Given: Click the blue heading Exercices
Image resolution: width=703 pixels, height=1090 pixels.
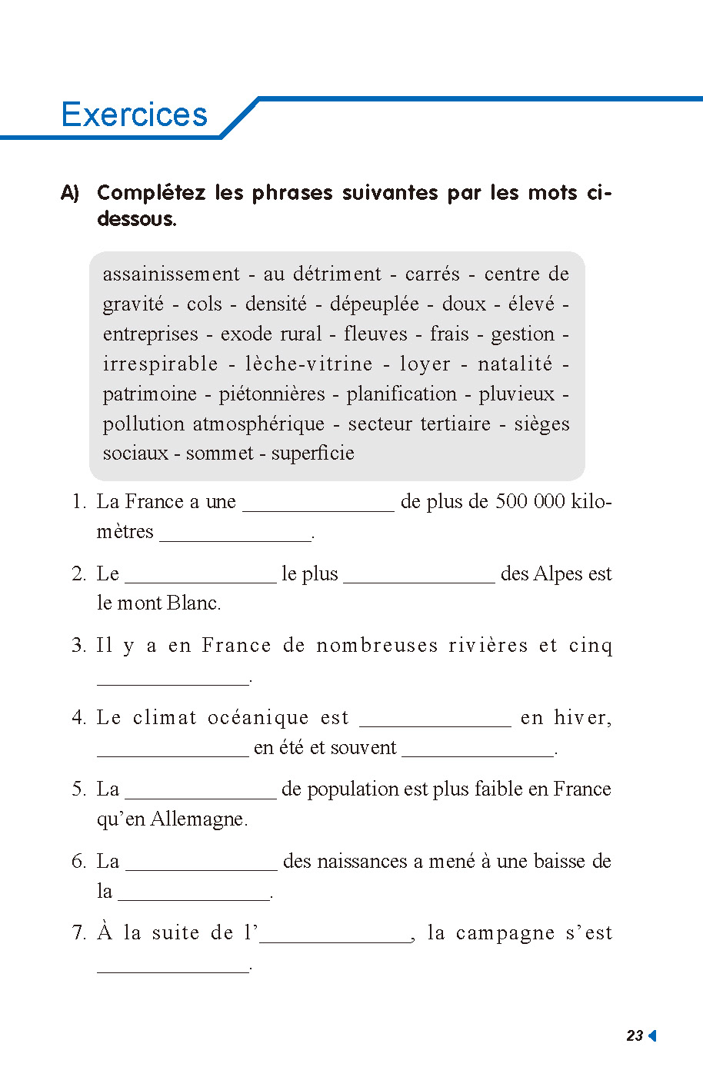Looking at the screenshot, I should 134,115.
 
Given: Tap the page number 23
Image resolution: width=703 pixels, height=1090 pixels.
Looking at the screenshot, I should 635,1035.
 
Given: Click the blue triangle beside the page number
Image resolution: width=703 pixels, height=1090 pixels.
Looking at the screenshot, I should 652,1035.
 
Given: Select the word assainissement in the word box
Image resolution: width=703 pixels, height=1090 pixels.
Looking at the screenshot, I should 172,274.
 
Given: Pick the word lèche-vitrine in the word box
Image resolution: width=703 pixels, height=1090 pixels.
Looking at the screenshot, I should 309,364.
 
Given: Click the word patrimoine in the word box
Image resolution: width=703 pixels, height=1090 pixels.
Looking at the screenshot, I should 150,394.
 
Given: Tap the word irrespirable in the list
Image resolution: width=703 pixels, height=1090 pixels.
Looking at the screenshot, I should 161,364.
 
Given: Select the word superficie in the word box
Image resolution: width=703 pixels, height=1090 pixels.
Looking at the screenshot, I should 312,453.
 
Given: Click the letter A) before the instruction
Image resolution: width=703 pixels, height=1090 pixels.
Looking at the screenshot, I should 70,193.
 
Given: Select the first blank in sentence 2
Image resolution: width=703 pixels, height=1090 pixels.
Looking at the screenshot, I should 200,577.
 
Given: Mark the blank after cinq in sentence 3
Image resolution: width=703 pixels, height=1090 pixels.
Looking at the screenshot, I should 173,678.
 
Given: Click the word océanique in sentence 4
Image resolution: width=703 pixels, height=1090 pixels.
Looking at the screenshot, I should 258,718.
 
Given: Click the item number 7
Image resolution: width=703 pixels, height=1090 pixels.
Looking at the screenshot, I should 78,933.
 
